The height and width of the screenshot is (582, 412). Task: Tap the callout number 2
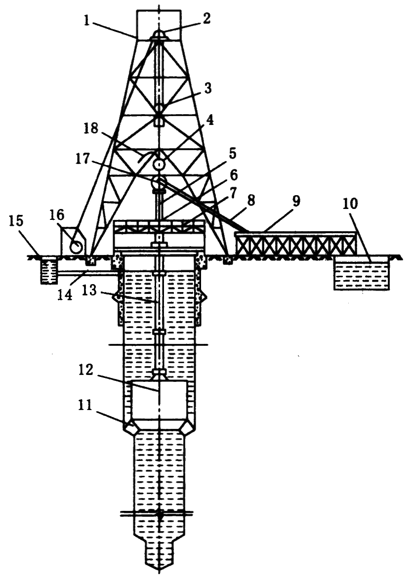pyautogui.click(x=206, y=18)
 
